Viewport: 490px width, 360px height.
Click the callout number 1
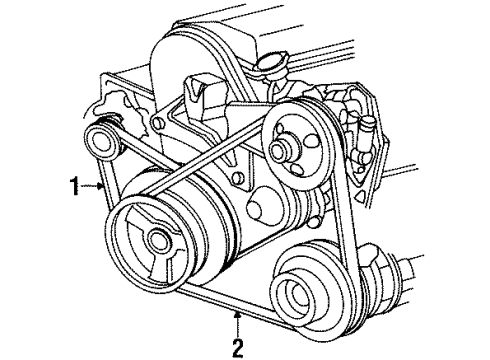click(x=74, y=183)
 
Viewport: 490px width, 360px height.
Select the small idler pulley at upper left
click(x=104, y=138)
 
